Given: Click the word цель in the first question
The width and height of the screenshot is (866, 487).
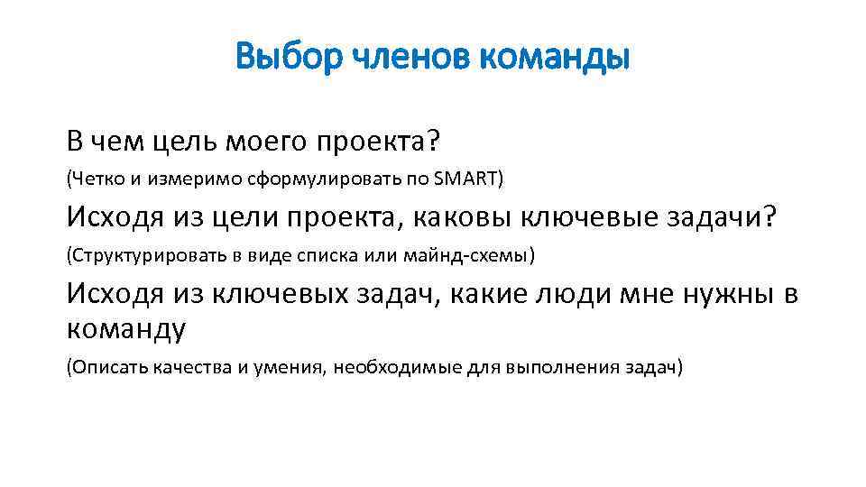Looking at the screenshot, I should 180,142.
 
